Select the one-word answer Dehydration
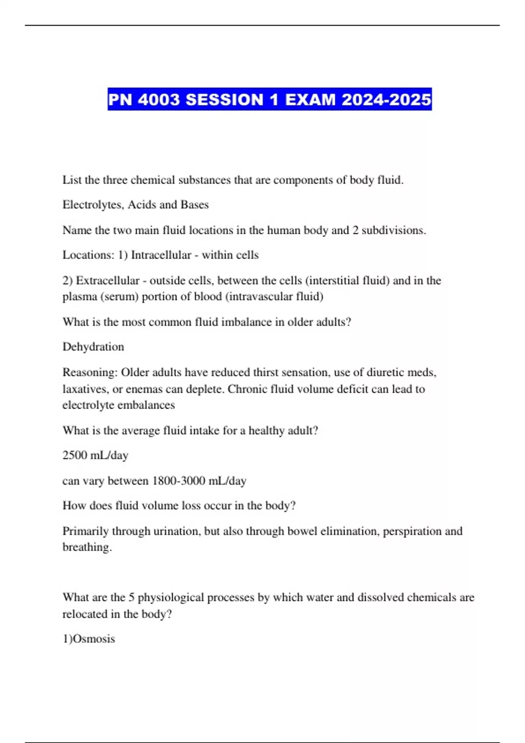pyautogui.click(x=93, y=347)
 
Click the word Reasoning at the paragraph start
pyautogui.click(x=90, y=372)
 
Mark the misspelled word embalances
pyautogui.click(x=147, y=405)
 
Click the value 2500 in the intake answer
pyautogui.click(x=75, y=455)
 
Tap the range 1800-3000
pyautogui.click(x=178, y=481)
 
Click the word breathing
pyautogui.click(x=87, y=547)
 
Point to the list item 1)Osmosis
pyautogui.click(x=89, y=639)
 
